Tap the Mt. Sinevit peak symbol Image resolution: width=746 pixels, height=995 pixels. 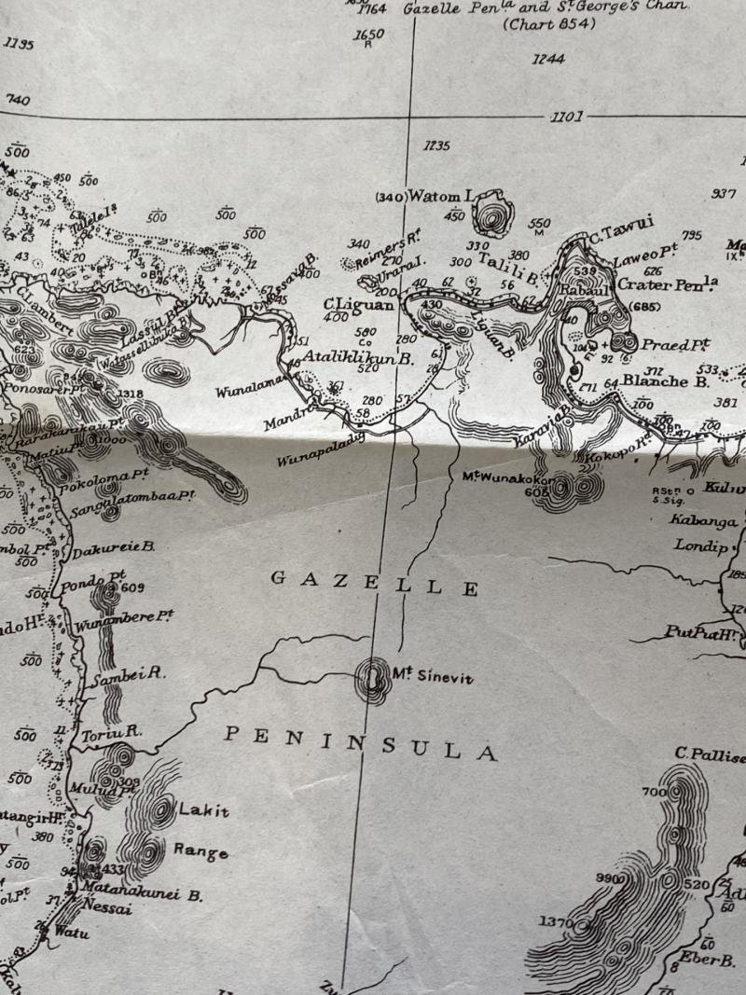point(374,679)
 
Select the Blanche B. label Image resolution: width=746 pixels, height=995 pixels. point(666,380)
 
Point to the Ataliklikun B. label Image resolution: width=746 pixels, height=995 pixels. point(358,356)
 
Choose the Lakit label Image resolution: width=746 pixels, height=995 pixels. point(202,810)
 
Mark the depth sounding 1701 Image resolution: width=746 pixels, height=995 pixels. point(567,117)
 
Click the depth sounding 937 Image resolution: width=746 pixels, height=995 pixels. point(724,193)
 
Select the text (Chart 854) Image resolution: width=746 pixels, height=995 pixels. point(548,25)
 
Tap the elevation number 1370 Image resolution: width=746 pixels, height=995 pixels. point(556,922)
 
